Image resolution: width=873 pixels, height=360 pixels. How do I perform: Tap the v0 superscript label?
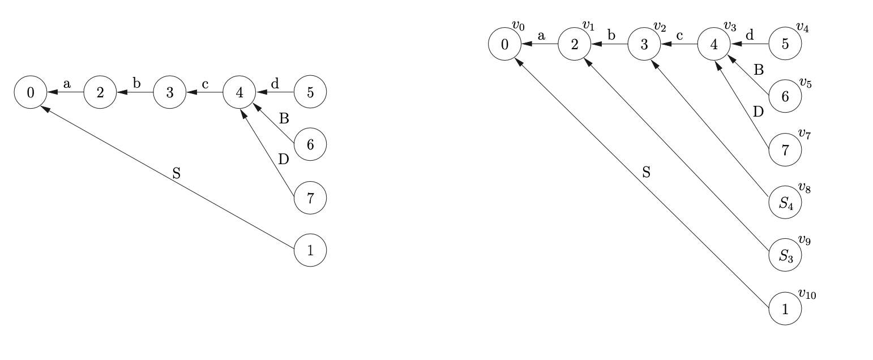[518, 27]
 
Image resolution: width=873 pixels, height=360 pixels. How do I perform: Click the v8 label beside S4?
[804, 187]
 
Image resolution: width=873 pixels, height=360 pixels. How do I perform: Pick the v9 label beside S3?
[804, 241]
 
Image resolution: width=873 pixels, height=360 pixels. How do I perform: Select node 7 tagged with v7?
[785, 150]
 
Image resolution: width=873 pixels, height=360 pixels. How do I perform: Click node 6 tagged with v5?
[785, 97]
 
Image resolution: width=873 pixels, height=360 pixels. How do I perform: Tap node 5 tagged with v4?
[785, 44]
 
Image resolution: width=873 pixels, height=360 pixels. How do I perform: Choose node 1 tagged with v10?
[785, 309]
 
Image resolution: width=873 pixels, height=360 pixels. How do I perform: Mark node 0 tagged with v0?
[505, 44]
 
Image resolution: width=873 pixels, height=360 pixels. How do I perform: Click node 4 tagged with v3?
[714, 44]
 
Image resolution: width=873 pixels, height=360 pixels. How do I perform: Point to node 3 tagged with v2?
[644, 44]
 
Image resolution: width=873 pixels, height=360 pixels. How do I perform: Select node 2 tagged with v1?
[575, 44]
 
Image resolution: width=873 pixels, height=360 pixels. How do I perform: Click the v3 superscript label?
[730, 27]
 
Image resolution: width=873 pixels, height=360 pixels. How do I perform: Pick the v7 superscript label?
[804, 134]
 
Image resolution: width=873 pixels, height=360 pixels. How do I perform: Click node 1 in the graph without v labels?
[310, 250]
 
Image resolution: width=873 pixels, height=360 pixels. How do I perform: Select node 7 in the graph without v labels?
[310, 198]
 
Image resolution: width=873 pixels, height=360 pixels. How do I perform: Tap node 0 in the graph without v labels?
[31, 92]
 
